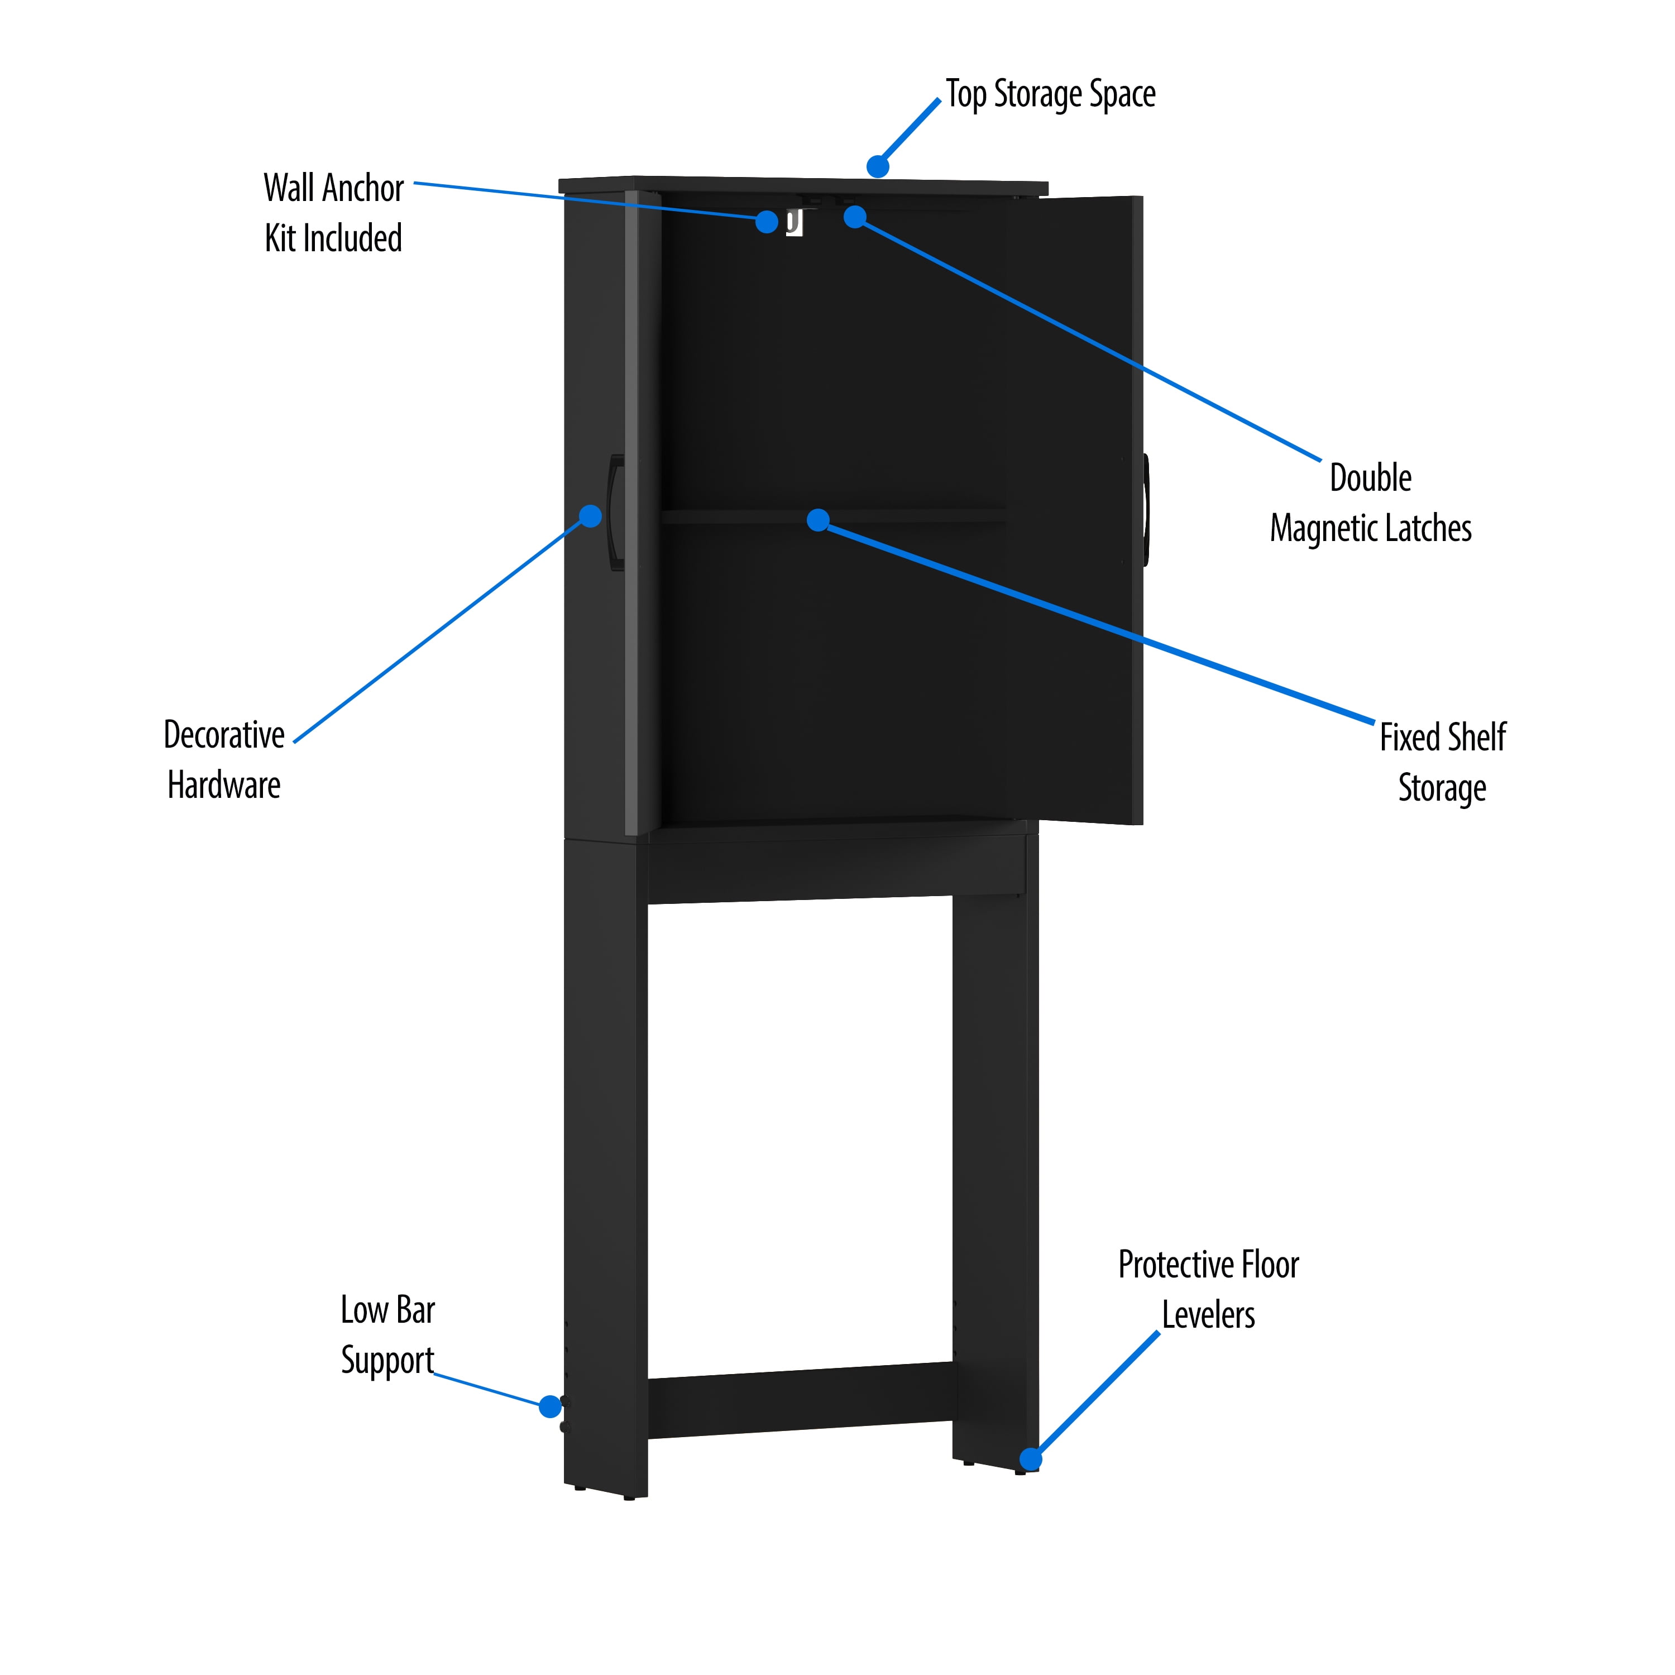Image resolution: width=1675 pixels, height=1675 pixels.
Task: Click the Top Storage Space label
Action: [x=1050, y=94]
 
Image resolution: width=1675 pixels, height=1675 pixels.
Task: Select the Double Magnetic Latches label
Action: [x=1371, y=503]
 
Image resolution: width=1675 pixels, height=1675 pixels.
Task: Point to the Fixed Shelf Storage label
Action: [x=1443, y=762]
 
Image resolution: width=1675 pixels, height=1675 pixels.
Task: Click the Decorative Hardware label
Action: [x=224, y=759]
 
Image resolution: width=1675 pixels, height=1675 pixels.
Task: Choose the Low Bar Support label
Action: [x=387, y=1334]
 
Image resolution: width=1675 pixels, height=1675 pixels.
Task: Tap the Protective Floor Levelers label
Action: [x=1209, y=1289]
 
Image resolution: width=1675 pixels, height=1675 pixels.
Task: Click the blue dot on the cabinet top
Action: [x=877, y=166]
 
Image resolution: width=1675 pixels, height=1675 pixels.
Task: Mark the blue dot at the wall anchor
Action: [x=767, y=222]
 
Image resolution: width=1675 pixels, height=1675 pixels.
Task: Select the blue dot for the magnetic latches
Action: [x=855, y=217]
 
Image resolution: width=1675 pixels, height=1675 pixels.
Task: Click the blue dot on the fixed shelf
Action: [x=817, y=520]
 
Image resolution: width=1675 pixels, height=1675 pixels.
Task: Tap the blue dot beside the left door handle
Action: [x=590, y=516]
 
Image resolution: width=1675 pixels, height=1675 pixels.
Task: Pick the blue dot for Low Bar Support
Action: [x=549, y=1406]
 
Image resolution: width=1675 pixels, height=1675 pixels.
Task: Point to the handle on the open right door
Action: [x=1146, y=510]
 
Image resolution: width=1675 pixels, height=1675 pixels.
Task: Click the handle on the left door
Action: [x=615, y=513]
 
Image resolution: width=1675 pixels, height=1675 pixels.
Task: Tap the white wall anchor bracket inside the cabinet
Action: [x=794, y=223]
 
